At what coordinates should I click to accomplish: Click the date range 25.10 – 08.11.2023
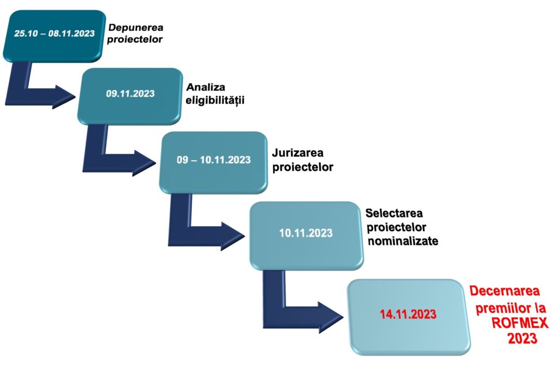tap(55, 33)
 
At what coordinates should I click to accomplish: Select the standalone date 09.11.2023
tap(130, 93)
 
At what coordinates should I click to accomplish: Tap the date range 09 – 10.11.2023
tap(214, 160)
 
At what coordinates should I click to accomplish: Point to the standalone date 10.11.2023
tap(306, 233)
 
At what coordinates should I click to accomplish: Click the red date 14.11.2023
tap(408, 314)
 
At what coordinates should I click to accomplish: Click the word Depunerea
tap(135, 28)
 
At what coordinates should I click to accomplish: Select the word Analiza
tap(205, 87)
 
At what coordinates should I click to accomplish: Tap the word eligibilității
tap(215, 100)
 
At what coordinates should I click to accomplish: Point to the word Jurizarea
tap(298, 153)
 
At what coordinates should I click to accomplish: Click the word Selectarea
tap(394, 213)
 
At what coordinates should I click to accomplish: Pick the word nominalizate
tap(403, 241)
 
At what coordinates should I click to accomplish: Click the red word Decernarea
tap(505, 291)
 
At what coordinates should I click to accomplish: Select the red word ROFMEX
tap(520, 323)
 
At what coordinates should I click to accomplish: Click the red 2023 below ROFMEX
tap(523, 338)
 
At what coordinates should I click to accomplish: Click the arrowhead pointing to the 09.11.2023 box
tap(65, 96)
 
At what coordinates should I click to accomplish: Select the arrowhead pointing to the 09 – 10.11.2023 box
tap(144, 163)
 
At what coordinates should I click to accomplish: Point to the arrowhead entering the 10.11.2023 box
tap(233, 236)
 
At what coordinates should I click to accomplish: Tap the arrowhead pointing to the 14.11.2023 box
tap(331, 317)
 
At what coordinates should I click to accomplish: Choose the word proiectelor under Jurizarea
tap(303, 167)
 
